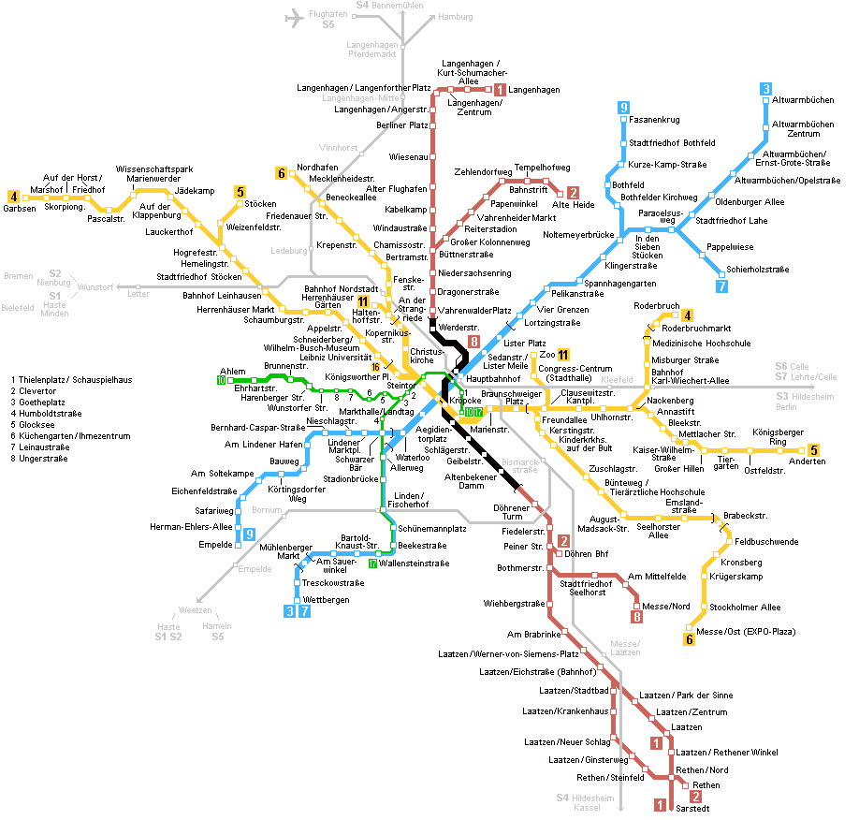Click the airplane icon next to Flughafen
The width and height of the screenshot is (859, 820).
coord(294,18)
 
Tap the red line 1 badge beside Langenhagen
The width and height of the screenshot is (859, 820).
coord(500,89)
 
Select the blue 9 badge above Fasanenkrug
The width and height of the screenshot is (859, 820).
coord(623,108)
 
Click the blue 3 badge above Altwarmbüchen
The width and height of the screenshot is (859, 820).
coord(765,89)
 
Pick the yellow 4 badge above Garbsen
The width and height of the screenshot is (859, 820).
coord(14,197)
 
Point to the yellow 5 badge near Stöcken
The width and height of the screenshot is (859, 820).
coord(240,192)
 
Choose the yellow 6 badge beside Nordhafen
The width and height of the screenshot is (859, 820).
coord(281,173)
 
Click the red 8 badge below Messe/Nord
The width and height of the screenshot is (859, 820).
coord(636,617)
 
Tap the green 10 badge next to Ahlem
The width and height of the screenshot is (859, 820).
coord(222,380)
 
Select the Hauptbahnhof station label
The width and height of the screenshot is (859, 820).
coord(493,379)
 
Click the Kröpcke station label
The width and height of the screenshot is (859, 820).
coord(465,401)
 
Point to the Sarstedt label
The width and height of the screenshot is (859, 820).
coord(692,809)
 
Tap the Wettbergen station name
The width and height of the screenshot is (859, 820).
coord(326,600)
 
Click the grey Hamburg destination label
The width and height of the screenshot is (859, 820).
coord(456,17)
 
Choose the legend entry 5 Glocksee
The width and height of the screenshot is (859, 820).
coord(33,425)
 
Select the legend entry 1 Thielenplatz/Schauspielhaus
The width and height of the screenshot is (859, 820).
coord(71,380)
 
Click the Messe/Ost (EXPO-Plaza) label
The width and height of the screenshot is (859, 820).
coord(746,632)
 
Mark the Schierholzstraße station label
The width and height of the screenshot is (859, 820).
coord(758,270)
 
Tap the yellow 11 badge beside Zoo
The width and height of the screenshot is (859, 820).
coord(563,355)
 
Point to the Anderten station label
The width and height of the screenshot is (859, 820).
coord(807,461)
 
